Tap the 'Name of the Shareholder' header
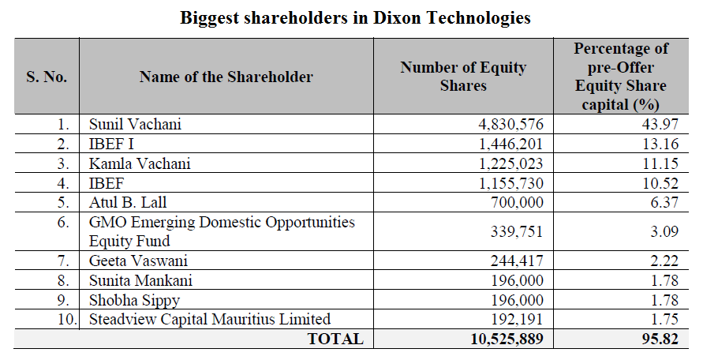226,77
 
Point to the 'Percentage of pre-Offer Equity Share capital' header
620,77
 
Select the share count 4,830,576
507,125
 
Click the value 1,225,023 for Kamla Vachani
507,164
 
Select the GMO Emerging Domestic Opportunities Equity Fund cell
222,231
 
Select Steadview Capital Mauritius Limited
209,319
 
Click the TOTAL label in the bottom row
336,339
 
